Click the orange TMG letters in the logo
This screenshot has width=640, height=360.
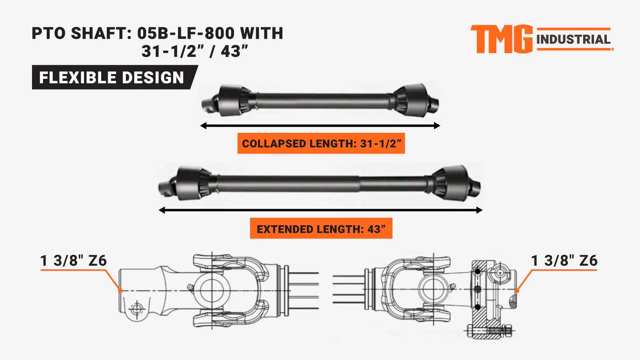click(502, 39)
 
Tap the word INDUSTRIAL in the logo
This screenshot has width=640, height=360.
click(573, 40)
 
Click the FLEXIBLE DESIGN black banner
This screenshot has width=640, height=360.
click(112, 77)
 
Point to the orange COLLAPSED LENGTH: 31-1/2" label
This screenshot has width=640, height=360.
click(321, 143)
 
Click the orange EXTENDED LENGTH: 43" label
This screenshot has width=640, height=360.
click(321, 229)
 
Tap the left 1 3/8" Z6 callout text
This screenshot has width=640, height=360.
click(74, 261)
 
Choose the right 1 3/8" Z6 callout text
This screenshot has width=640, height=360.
click(564, 261)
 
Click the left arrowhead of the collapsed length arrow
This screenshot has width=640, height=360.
click(203, 126)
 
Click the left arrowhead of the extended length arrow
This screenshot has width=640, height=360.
click(162, 210)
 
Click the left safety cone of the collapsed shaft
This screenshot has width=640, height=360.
click(231, 100)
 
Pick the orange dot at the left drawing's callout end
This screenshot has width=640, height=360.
click(120, 291)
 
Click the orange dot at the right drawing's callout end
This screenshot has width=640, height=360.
click(517, 291)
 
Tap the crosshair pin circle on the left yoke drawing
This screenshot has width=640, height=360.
click(137, 308)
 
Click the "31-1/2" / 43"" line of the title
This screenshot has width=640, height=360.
click(195, 51)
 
